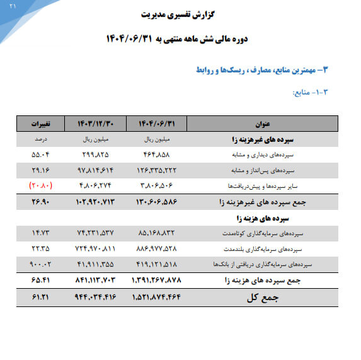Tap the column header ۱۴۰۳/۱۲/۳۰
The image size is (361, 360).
tap(96, 124)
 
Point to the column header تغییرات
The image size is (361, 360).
tap(40, 124)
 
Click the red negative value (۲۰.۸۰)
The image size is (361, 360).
tap(41, 186)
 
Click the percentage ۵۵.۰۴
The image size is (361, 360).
tap(41, 154)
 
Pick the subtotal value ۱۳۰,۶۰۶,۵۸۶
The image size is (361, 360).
tap(158, 202)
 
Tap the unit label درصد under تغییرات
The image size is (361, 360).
tap(41, 139)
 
